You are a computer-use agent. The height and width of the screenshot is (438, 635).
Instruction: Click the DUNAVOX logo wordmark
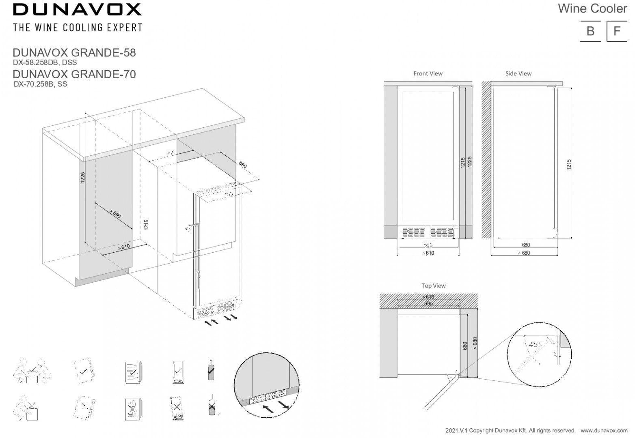coord(77,9)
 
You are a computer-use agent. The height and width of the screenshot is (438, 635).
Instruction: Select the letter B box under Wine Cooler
coord(590,31)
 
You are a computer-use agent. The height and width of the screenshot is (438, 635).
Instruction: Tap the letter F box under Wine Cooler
coord(617,31)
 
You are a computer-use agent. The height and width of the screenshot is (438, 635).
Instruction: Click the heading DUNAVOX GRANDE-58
coord(74,52)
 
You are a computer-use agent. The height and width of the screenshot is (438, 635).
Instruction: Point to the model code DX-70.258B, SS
coord(40,84)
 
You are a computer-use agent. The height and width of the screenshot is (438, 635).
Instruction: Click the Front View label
coord(428,73)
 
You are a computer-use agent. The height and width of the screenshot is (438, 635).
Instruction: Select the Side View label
coord(518,73)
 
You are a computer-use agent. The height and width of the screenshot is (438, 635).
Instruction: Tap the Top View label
coord(433,286)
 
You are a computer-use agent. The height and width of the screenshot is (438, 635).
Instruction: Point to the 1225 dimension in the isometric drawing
coord(82,178)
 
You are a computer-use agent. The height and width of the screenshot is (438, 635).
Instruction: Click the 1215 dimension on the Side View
coord(569,164)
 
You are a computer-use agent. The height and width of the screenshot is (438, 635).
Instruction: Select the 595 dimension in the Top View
coord(428,303)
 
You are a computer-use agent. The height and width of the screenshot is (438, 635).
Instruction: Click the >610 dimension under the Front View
coord(428,253)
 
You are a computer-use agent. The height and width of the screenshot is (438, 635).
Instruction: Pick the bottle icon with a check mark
coord(210,370)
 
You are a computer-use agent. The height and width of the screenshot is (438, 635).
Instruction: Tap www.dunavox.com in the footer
coord(604,430)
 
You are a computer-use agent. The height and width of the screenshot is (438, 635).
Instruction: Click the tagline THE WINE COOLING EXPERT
coord(78,28)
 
